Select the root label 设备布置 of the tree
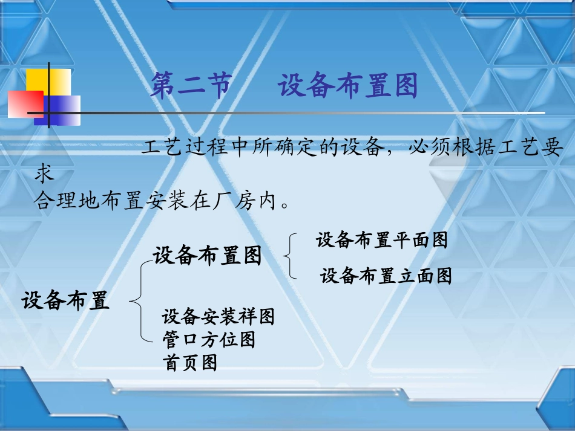66,300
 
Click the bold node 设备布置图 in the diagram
207,256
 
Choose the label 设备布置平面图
381,240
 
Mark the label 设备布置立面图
386,276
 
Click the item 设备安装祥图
218,316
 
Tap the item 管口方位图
209,339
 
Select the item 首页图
189,363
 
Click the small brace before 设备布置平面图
291,256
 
